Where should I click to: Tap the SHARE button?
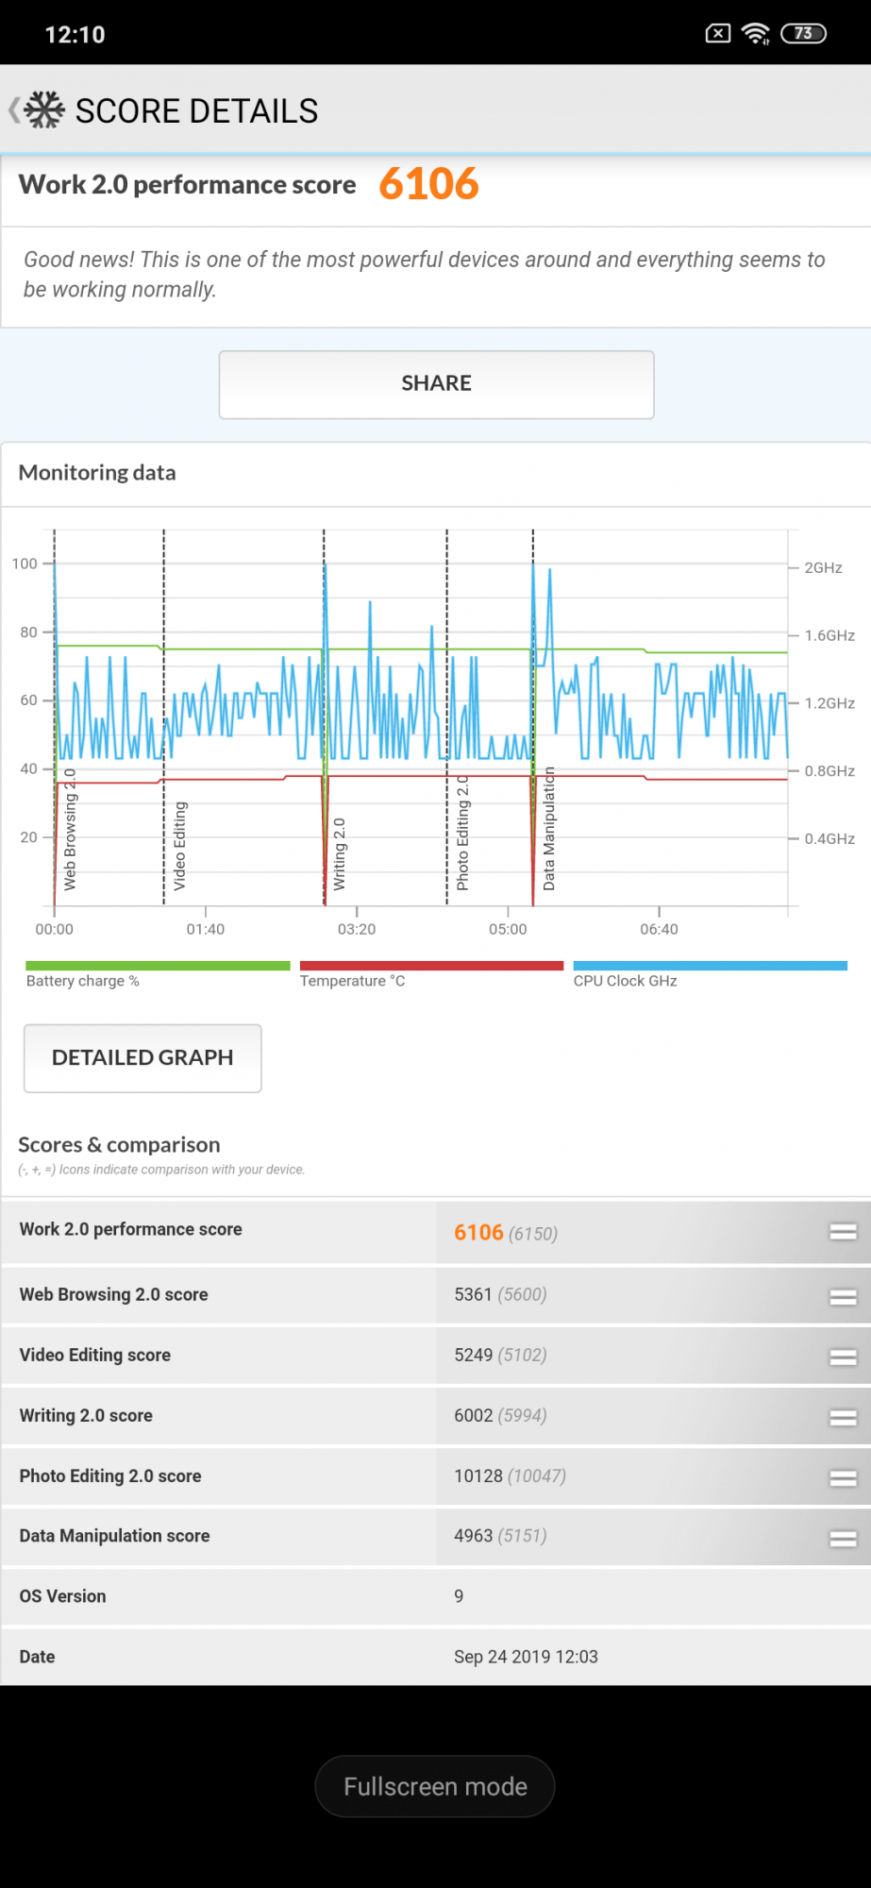pos(436,384)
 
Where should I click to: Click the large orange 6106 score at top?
pos(428,184)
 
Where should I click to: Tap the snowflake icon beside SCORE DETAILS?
pos(44,110)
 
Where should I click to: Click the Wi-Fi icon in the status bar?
pos(756,34)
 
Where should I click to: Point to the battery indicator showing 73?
pos(803,34)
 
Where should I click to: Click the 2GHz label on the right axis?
pos(823,567)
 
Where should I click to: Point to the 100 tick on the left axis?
pos(25,564)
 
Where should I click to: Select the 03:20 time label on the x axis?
pos(357,929)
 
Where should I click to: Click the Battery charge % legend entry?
pos(83,981)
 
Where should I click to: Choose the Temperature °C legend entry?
pos(352,981)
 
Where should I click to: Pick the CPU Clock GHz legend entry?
pos(625,981)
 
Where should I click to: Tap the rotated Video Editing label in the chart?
pos(179,846)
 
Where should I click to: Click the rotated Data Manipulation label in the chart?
pos(549,829)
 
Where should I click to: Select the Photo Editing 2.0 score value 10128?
pos(478,1475)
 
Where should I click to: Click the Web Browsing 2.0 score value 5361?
pos(473,1294)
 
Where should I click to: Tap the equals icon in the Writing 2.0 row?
pos(843,1417)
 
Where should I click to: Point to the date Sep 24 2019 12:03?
pos(526,1657)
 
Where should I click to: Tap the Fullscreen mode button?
pos(435,1786)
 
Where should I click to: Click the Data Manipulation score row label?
pos(114,1536)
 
